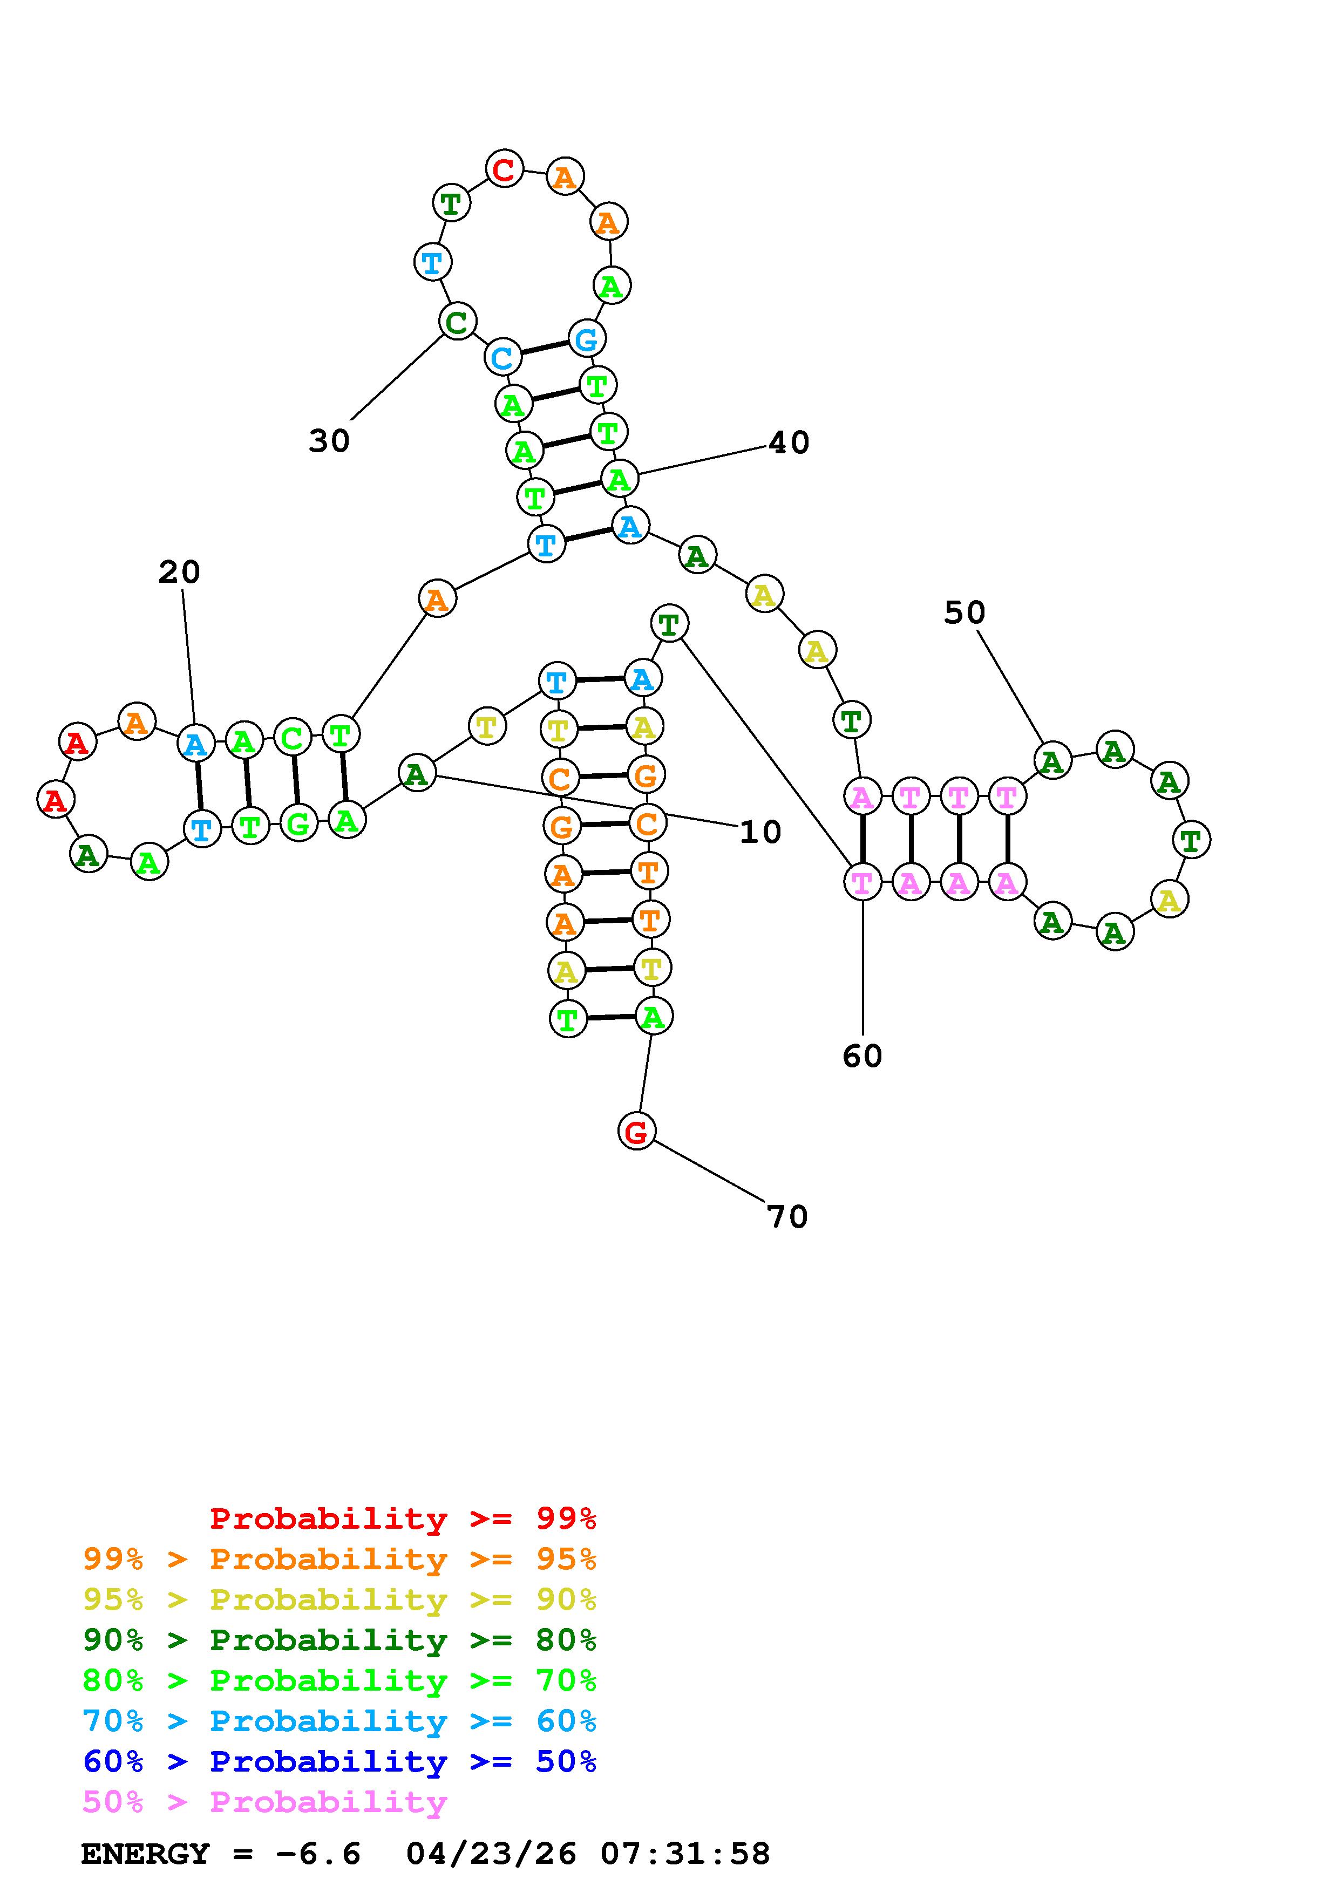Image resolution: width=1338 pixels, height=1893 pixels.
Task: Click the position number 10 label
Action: point(759,832)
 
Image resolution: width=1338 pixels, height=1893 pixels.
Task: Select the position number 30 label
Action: point(329,441)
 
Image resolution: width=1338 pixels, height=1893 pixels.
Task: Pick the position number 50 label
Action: point(964,612)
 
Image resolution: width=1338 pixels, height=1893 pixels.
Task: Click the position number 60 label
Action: point(862,1056)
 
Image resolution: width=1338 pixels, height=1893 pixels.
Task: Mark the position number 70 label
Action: point(787,1216)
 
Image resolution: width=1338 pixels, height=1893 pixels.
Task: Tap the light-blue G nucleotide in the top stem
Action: point(586,338)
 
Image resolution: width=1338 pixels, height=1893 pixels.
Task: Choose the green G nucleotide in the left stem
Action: point(298,823)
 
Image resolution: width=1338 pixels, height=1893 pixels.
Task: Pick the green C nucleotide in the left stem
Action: point(292,737)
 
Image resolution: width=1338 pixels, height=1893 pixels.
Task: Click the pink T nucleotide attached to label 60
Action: point(862,882)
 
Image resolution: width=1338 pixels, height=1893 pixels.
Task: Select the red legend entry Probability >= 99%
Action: point(403,1519)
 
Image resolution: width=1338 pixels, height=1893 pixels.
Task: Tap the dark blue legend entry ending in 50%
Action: point(339,1761)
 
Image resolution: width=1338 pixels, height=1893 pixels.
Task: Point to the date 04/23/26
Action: point(491,1854)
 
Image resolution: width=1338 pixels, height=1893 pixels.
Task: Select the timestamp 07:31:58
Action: point(685,1854)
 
